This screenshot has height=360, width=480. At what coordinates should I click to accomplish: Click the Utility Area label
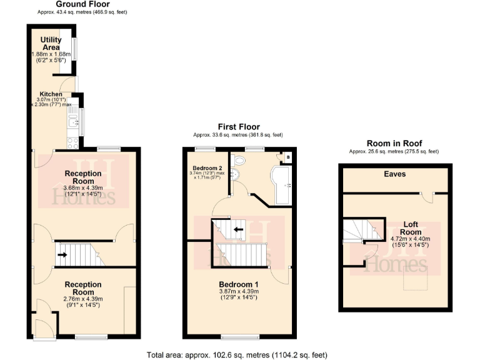[x=51, y=44]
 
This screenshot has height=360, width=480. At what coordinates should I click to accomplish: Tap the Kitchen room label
[x=51, y=94]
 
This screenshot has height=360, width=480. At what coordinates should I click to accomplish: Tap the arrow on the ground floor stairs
[x=62, y=254]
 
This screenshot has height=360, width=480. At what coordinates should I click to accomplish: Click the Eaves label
[x=394, y=174]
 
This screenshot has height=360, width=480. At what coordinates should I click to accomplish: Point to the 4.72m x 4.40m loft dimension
[x=410, y=238]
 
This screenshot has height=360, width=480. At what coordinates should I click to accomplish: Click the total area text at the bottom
[x=237, y=354]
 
